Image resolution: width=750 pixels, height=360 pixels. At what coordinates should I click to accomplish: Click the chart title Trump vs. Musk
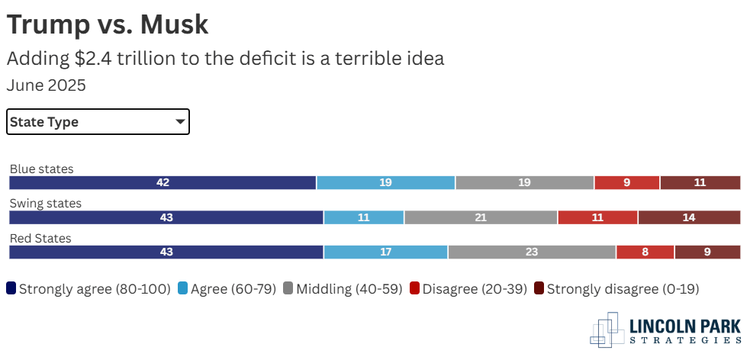pos(108,24)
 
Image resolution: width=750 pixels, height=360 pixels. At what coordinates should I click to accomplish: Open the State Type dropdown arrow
pos(180,121)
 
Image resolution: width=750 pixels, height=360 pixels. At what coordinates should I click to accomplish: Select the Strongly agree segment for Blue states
pos(163,182)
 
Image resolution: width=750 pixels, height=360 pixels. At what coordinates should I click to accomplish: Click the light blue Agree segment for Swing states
pos(364,217)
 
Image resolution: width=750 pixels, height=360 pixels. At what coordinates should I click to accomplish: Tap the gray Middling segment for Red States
pos(532,252)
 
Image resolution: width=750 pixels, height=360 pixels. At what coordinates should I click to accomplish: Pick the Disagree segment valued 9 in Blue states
pos(626,182)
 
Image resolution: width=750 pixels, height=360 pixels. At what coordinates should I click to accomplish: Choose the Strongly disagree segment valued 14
pos(689,217)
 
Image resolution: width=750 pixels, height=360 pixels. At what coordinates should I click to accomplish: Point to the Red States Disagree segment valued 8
pos(645,252)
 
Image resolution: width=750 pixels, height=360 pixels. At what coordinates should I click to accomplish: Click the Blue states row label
pos(41,169)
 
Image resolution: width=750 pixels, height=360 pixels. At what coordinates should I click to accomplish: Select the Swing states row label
pos(45,204)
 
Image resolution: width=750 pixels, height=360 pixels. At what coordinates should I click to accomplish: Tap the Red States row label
pos(40,239)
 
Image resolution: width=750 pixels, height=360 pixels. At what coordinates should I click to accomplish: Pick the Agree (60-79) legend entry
pos(227,289)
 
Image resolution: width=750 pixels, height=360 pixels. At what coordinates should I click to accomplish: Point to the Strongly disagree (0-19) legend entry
pos(616,289)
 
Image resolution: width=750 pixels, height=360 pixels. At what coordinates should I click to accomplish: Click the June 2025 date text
pos(47,85)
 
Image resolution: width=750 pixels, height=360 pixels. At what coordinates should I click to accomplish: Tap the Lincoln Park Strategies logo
pos(666,329)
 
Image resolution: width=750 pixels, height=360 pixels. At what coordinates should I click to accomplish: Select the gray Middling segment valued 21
pos(481,217)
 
